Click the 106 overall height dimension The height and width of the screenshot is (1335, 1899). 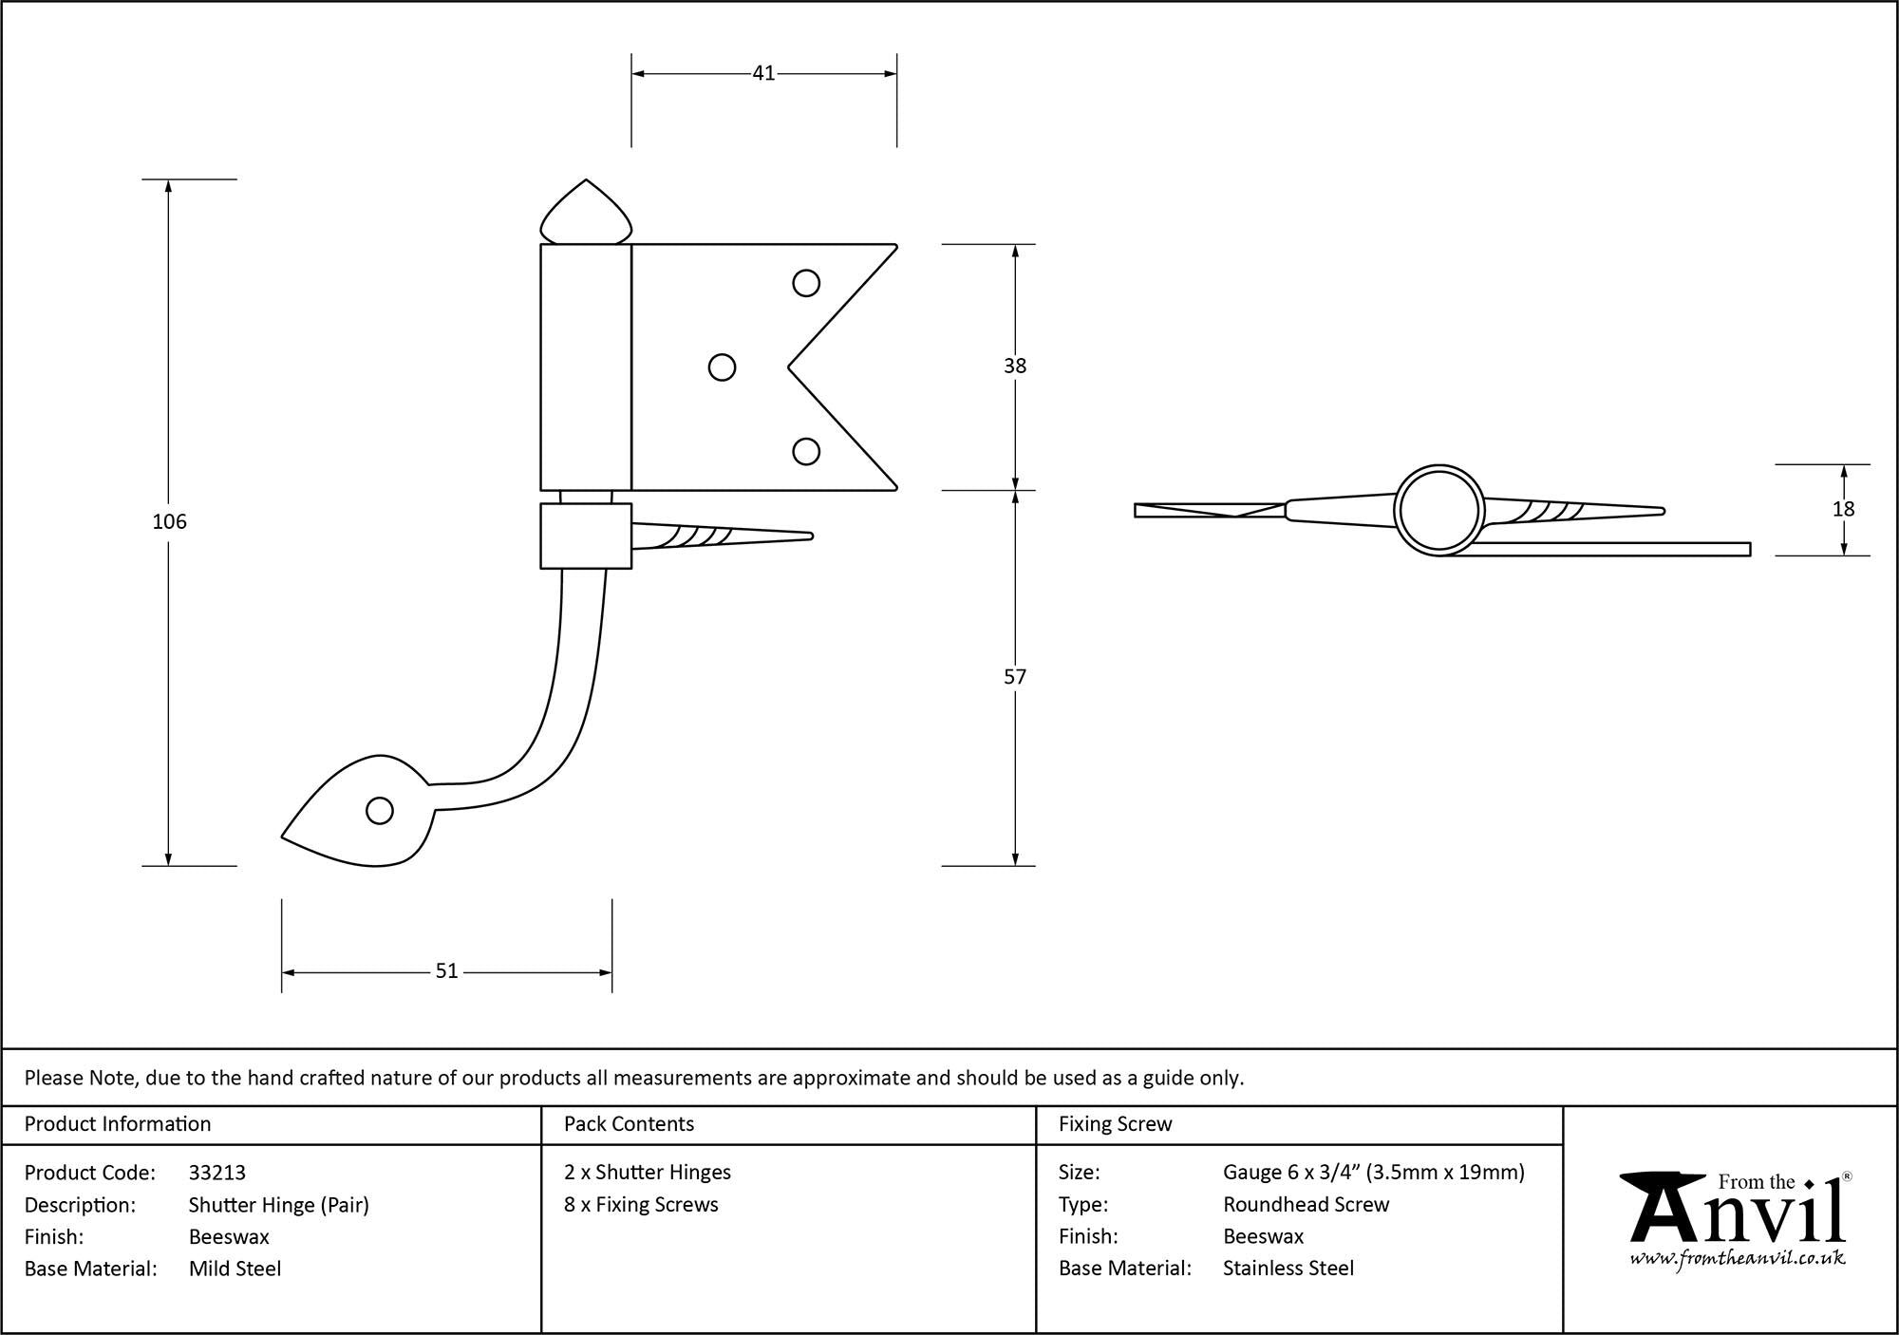169,521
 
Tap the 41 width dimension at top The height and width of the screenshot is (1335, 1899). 763,73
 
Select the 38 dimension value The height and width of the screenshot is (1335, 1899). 1015,366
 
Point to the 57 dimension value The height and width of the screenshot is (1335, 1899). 1015,677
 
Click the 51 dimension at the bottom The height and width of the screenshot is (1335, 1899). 446,971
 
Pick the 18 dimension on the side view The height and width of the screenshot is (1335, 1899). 1843,509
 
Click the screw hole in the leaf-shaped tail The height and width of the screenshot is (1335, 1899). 380,811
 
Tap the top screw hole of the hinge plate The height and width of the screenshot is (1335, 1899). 806,283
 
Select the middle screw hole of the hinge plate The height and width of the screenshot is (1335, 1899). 722,367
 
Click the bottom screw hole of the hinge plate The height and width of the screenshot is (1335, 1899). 806,452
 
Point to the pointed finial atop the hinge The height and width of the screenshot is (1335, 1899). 586,215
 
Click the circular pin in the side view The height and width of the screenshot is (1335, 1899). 1438,510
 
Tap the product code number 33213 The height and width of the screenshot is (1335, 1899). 217,1173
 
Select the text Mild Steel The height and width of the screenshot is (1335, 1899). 235,1269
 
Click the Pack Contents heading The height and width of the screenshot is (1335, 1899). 629,1124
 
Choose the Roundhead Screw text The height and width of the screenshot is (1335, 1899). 1306,1204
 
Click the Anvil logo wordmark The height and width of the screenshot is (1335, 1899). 1737,1211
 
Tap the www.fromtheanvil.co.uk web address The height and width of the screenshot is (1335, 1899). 1738,1259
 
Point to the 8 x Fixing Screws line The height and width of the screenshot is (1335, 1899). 641,1204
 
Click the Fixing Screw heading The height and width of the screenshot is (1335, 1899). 1115,1124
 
